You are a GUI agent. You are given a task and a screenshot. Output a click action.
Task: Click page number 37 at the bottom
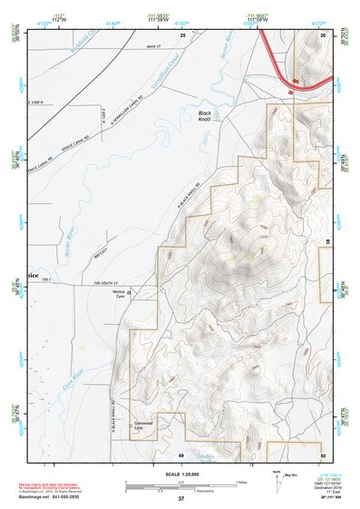pyautogui.click(x=181, y=499)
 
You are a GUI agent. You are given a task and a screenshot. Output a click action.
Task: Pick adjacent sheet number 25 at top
pyautogui.click(x=182, y=34)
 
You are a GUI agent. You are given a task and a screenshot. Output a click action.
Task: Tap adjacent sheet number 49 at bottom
pyautogui.click(x=181, y=454)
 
